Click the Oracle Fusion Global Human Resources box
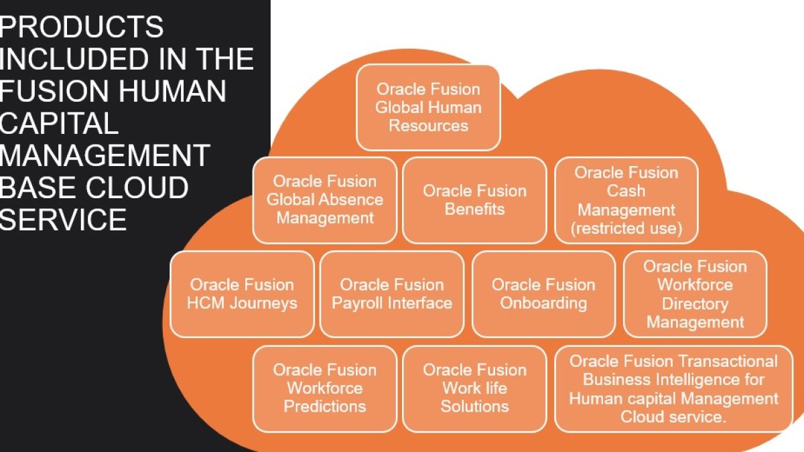(x=428, y=108)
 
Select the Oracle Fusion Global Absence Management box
(x=325, y=200)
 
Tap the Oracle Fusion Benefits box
(x=474, y=200)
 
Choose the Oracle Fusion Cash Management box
(x=626, y=200)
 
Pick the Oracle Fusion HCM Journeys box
(x=242, y=294)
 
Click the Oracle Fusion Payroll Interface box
(x=391, y=294)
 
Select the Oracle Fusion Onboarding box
(x=543, y=294)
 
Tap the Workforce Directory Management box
(x=695, y=294)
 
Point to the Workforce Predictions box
(x=325, y=389)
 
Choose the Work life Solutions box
(x=474, y=389)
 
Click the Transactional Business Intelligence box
(x=673, y=389)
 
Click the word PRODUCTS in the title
(x=81, y=27)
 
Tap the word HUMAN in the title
(x=172, y=91)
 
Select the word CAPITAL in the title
(x=59, y=123)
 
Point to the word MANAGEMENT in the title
(x=105, y=155)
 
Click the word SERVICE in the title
(x=63, y=220)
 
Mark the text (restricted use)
(x=626, y=228)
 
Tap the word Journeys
(x=263, y=303)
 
